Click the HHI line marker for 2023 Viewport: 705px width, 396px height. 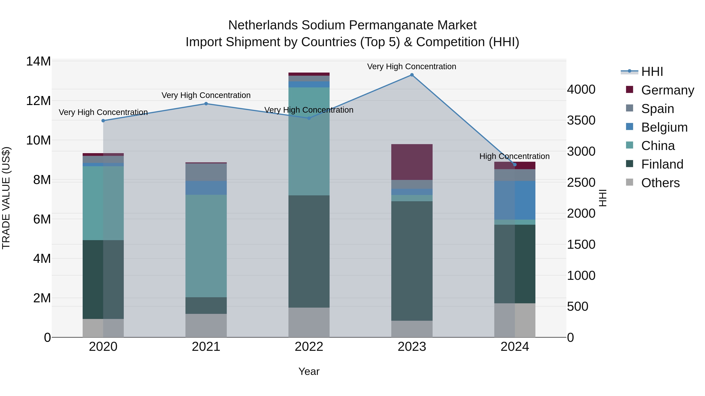pyautogui.click(x=412, y=75)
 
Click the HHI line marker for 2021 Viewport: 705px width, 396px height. pyautogui.click(x=206, y=104)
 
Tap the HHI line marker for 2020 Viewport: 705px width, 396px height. pyautogui.click(x=103, y=120)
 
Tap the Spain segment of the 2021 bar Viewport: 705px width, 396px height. pyautogui.click(x=206, y=172)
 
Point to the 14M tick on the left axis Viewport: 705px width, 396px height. pyautogui.click(x=38, y=61)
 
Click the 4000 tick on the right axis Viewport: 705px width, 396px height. pyautogui.click(x=581, y=89)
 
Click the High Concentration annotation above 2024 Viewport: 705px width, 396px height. pyautogui.click(x=514, y=156)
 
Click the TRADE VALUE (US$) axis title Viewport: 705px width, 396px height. pyautogui.click(x=6, y=198)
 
